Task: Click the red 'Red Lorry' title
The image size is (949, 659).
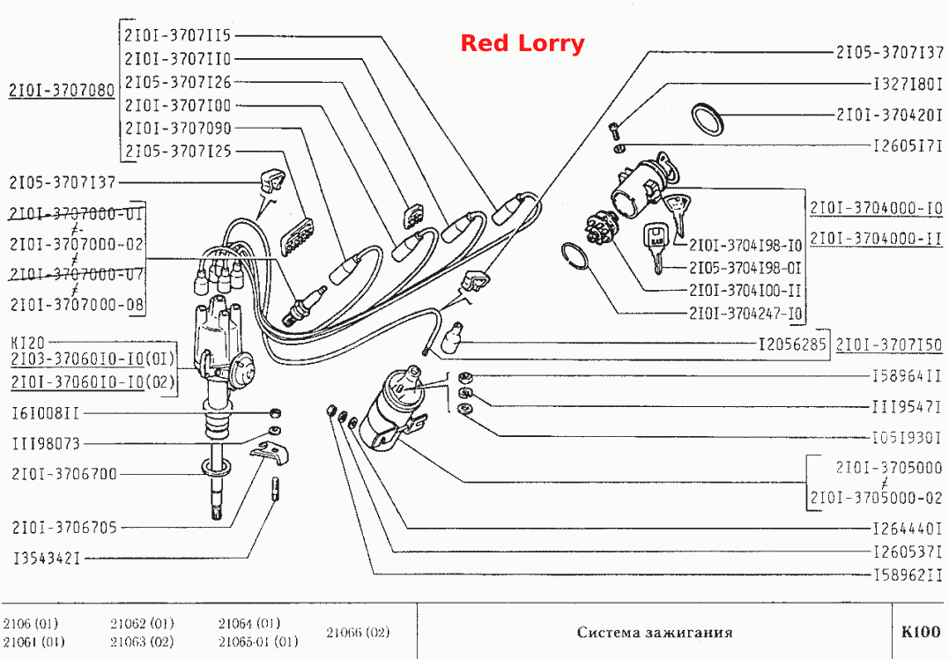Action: [523, 43]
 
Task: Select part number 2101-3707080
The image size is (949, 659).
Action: [61, 90]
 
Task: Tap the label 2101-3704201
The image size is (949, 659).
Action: [889, 115]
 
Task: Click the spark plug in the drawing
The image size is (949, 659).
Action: [307, 303]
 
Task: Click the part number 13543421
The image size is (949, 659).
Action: [47, 558]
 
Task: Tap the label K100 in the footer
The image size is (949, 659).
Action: [921, 632]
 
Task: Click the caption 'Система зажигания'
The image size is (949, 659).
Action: [654, 633]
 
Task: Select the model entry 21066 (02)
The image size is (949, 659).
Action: [358, 633]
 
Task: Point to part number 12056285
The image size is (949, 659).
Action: [792, 344]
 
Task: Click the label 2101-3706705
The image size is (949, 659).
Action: [64, 528]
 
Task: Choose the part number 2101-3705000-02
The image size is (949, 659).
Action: [877, 498]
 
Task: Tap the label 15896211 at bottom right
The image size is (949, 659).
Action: [908, 575]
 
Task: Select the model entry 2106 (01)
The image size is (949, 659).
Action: [30, 623]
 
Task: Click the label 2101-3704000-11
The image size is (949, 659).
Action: [877, 239]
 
